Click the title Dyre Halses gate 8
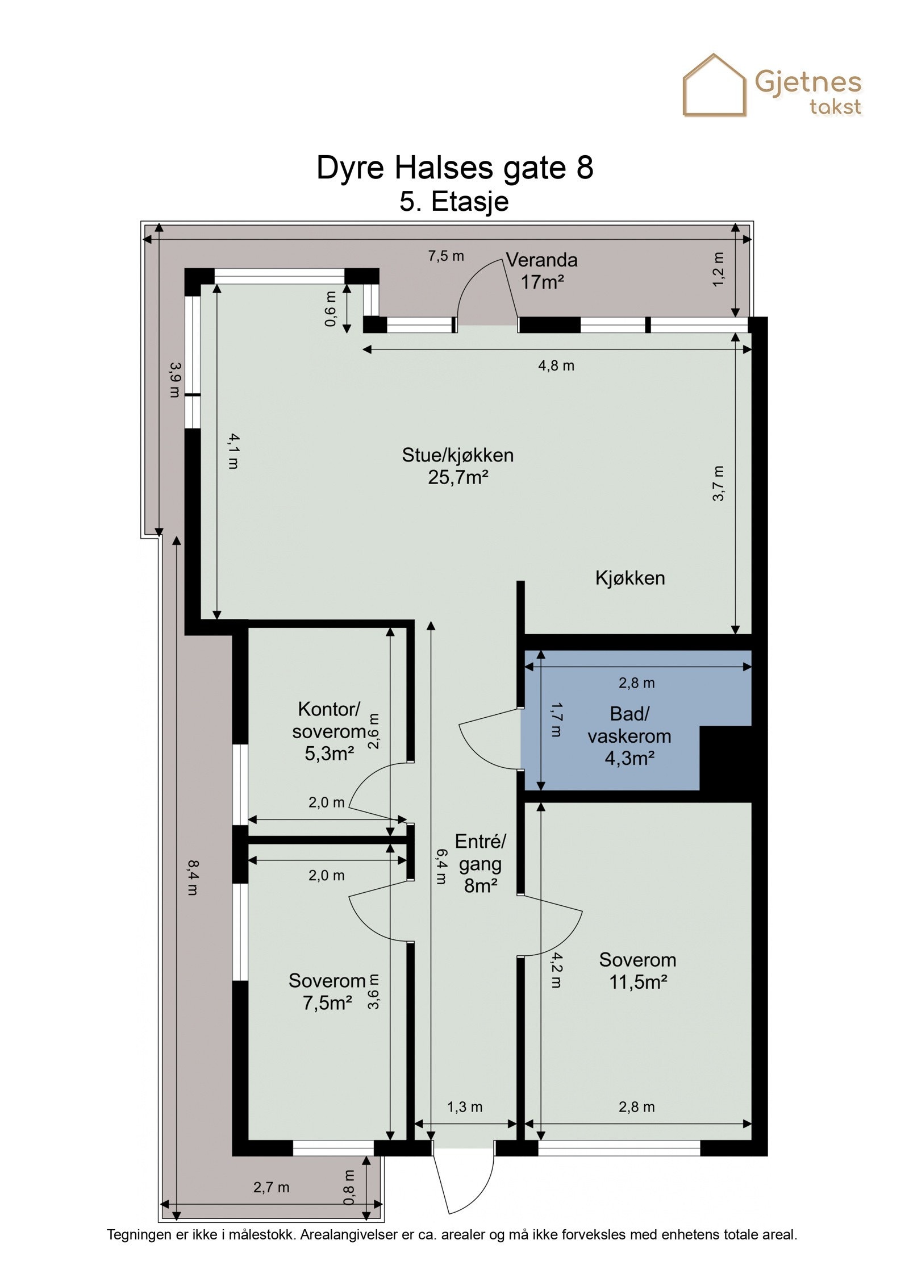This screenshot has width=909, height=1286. pos(454,168)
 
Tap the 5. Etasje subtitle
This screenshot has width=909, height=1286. pos(454,202)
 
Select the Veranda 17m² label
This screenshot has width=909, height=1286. pos(542,270)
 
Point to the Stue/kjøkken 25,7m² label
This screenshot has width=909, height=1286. pos(458,465)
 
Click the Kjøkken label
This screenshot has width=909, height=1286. pos(630,578)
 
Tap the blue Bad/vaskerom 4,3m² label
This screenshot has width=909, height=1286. pos(629,736)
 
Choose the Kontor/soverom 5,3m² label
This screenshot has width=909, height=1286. pos(329,731)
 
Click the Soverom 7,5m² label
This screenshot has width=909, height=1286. pos(327,992)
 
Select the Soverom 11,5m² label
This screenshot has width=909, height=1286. pos(637,971)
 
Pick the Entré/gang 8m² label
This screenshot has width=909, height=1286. pos(480,863)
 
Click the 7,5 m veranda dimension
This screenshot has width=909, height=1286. pos(446,256)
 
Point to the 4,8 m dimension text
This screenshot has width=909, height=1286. pos(556,365)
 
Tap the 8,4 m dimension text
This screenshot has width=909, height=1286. pos(193,878)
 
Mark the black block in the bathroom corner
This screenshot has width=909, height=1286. pos(725,758)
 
